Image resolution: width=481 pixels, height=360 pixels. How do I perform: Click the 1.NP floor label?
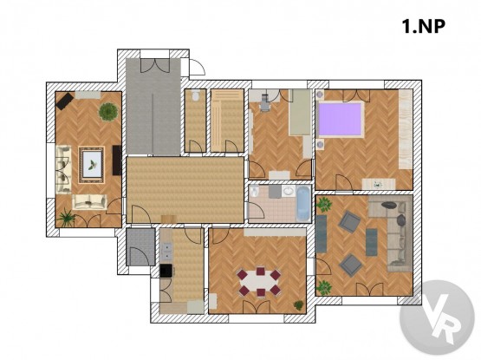tap(423, 26)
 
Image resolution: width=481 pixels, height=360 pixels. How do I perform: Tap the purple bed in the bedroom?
tap(341, 120)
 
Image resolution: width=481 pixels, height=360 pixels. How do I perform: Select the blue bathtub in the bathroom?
tap(303, 203)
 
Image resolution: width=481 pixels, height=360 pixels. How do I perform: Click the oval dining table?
tap(259, 282)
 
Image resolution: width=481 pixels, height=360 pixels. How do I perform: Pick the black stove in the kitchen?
tap(166, 271)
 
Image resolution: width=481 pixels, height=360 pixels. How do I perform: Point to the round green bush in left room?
tap(108, 111)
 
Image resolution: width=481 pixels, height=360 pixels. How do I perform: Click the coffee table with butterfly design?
tap(91, 165)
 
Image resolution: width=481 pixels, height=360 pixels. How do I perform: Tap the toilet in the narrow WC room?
tap(195, 95)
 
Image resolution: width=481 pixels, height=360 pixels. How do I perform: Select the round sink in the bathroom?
tap(289, 191)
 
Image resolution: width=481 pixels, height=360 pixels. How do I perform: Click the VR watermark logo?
tap(437, 317)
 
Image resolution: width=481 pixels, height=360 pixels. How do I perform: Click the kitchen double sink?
tap(166, 251)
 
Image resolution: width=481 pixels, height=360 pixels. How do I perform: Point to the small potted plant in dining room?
tap(299, 305)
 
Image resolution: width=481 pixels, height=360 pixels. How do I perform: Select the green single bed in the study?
tap(300, 113)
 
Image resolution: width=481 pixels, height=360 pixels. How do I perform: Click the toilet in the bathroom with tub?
tap(254, 193)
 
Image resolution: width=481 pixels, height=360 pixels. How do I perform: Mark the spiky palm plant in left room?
tap(66, 218)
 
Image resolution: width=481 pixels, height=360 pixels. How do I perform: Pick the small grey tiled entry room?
tap(140, 247)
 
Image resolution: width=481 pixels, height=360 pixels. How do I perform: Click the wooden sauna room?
tap(227, 121)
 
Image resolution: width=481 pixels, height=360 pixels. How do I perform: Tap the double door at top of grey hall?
tap(155, 65)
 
